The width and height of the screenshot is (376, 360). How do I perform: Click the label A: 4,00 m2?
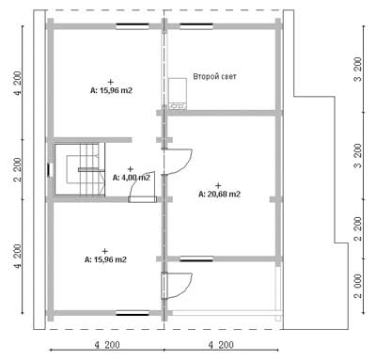click(x=132, y=178)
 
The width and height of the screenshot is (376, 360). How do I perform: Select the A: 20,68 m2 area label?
click(x=220, y=195)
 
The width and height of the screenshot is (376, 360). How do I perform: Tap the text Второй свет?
click(x=214, y=76)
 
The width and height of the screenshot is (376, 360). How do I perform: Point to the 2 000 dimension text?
click(x=358, y=286)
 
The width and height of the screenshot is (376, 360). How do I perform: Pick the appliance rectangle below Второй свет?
click(x=178, y=93)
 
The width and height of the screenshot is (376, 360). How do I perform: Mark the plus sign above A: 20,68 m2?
click(x=218, y=185)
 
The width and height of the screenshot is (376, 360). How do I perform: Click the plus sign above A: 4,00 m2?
click(x=131, y=169)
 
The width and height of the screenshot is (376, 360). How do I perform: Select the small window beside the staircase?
click(x=49, y=170)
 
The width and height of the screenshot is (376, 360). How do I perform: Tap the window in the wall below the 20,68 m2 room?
click(x=196, y=258)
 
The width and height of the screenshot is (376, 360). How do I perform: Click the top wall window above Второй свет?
click(x=196, y=26)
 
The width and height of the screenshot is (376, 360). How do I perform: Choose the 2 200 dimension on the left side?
click(x=18, y=169)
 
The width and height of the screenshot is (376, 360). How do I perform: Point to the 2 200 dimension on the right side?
click(x=358, y=228)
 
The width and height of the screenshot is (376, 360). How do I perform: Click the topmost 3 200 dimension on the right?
click(x=358, y=69)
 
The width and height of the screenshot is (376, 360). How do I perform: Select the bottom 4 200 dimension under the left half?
click(x=107, y=345)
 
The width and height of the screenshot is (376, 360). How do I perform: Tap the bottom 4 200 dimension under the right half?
click(x=221, y=345)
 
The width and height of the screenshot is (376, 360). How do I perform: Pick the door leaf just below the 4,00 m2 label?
click(x=142, y=199)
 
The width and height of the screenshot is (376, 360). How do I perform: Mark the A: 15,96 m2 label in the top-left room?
click(x=111, y=91)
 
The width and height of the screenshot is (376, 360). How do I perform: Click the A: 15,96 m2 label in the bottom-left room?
click(x=105, y=259)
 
